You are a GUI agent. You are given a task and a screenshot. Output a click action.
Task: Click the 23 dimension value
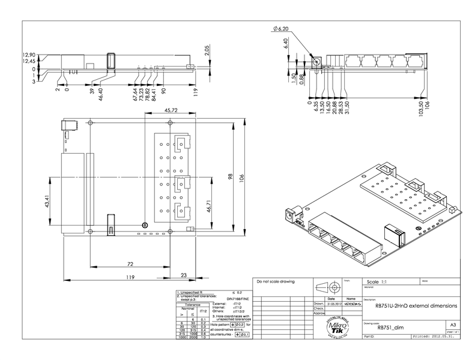point(183,275)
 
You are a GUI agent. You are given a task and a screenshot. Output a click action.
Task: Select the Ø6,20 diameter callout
point(281,29)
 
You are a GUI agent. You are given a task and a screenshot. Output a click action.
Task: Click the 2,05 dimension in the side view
point(207,50)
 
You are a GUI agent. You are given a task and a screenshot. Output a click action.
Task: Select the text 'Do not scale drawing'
point(273,281)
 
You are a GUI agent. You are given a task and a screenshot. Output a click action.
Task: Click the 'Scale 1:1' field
point(377,281)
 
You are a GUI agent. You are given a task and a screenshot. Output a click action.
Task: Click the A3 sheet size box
point(452,325)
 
